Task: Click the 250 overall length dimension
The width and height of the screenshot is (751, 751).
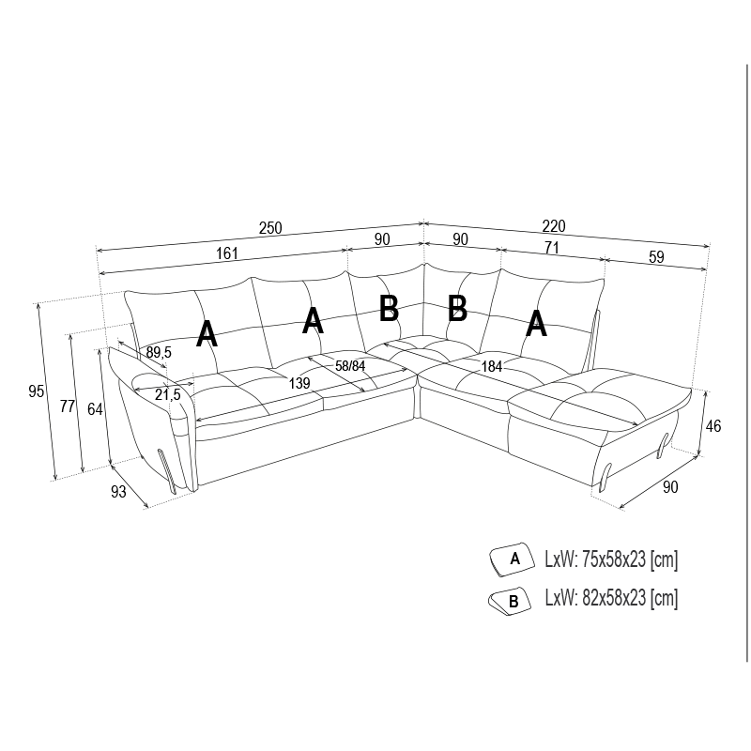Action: click(270, 228)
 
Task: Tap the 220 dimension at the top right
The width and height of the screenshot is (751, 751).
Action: click(554, 225)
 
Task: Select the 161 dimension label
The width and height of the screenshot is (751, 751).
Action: click(227, 253)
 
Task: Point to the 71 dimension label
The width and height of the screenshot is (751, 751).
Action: click(552, 247)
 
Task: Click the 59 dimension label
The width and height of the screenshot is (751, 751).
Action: click(656, 256)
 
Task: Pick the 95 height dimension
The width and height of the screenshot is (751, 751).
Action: click(36, 391)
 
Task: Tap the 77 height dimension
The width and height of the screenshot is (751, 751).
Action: click(68, 406)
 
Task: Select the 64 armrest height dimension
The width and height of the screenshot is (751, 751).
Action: click(95, 409)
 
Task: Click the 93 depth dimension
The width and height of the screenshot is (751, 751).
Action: click(118, 491)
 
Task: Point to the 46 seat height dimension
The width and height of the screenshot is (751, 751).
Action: click(713, 426)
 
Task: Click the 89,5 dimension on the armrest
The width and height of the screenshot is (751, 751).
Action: click(159, 353)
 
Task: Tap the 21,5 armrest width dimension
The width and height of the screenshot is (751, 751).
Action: click(168, 394)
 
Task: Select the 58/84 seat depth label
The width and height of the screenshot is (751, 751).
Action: click(350, 366)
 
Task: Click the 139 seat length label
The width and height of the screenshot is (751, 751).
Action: click(299, 383)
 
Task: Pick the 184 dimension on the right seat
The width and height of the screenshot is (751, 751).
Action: click(491, 366)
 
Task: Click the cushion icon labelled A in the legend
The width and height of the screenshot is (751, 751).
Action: click(512, 559)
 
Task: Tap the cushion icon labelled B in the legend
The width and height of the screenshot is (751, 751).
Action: click(510, 601)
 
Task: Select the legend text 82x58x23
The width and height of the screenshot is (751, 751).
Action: click(614, 598)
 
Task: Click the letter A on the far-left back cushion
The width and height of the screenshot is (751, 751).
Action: click(207, 334)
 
